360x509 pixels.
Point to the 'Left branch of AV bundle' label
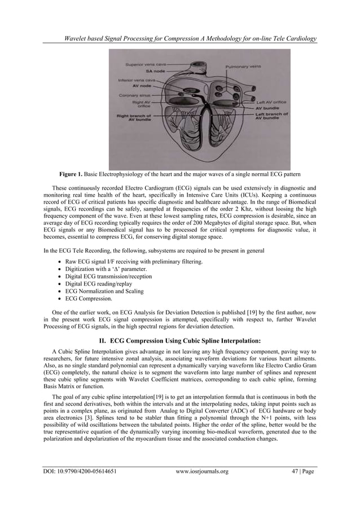point(269,116)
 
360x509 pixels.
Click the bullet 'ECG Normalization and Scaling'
point(104,291)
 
